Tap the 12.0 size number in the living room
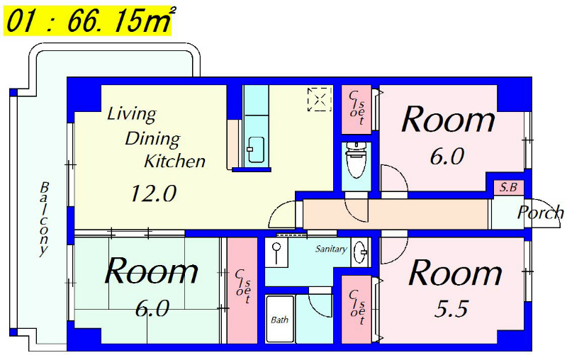(153, 193)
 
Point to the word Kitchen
(174, 161)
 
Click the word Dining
(152, 138)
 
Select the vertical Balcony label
(44, 219)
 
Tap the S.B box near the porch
(509, 188)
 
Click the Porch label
(540, 213)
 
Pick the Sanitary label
(331, 249)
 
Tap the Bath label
(279, 320)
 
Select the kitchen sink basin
(256, 149)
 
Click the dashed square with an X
(320, 99)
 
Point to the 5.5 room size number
(451, 309)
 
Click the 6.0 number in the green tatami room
(152, 309)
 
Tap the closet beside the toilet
(357, 110)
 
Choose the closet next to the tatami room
(242, 291)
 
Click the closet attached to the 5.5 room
(357, 310)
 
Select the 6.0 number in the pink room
(447, 157)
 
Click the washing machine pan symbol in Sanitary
(277, 252)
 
